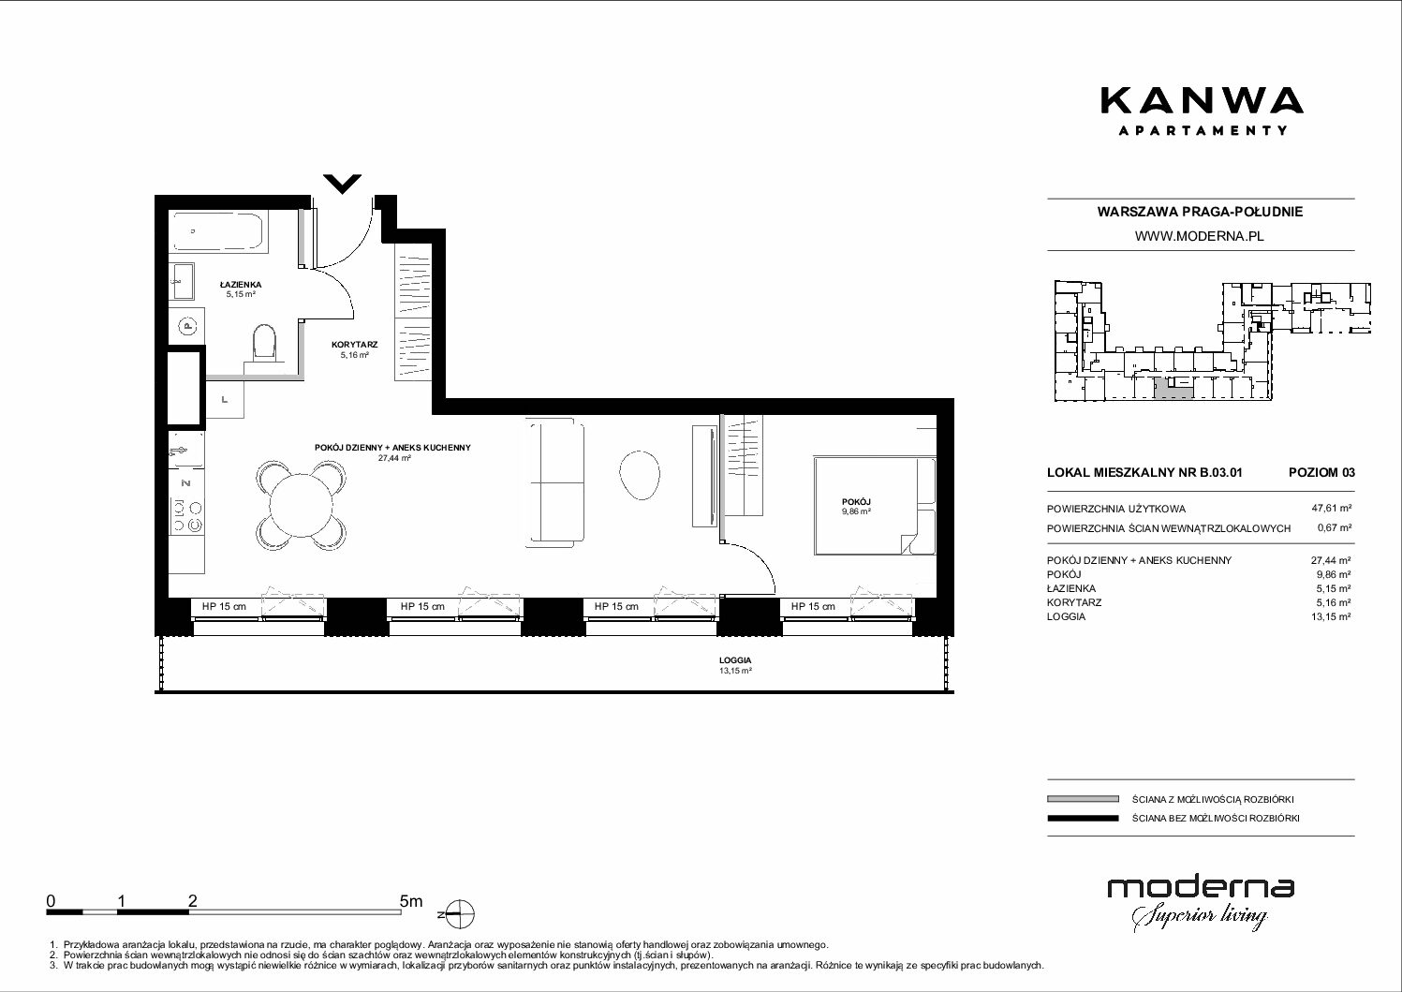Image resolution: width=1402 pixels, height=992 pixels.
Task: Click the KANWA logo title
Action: [1202, 101]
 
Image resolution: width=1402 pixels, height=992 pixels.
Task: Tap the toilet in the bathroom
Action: [265, 342]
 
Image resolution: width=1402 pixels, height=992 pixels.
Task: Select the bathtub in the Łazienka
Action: [219, 232]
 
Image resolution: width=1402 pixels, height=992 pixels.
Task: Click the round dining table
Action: [301, 506]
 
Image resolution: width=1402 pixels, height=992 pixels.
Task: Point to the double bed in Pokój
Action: [875, 506]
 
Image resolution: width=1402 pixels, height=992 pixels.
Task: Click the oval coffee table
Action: [639, 475]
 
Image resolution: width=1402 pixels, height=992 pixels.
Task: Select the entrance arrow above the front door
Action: [343, 184]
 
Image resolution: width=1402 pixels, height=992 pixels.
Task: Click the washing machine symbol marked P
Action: [187, 325]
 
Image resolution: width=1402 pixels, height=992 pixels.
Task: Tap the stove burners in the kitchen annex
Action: [187, 515]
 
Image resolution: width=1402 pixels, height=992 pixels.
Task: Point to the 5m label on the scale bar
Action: [411, 900]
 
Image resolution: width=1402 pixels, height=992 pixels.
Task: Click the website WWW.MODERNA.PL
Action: [1199, 236]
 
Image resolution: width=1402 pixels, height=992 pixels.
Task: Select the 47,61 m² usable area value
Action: [1331, 509]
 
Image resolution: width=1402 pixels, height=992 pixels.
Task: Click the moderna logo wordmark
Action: [1201, 888]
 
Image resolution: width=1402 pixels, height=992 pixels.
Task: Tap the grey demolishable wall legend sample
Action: [1083, 799]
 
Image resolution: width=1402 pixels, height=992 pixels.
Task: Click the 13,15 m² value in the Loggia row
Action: [1331, 616]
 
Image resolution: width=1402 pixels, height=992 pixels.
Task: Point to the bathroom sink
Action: [182, 281]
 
